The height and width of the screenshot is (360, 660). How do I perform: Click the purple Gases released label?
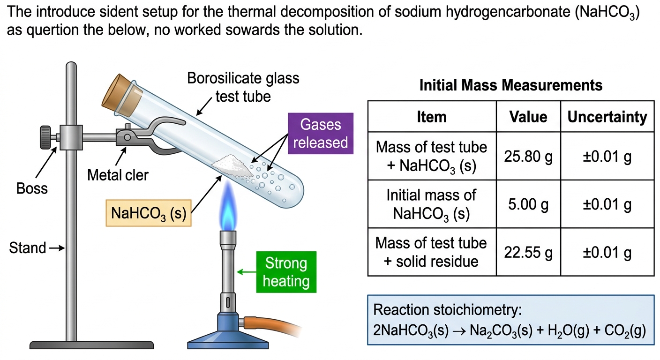click(321, 134)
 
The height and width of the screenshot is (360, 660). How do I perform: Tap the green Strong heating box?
click(286, 272)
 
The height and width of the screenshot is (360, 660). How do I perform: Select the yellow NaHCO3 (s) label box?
click(149, 213)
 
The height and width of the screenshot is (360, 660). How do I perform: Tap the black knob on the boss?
click(45, 137)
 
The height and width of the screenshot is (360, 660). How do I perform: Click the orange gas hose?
click(271, 325)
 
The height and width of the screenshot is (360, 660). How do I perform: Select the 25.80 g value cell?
click(528, 156)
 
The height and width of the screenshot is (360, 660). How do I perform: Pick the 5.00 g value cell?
click(528, 204)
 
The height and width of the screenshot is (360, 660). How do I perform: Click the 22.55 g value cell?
click(528, 252)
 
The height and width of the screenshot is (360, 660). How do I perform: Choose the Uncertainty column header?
click(607, 117)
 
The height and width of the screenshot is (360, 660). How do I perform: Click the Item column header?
click(432, 117)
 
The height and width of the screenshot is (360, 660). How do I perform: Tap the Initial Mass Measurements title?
click(511, 85)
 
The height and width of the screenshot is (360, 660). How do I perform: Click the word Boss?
click(32, 188)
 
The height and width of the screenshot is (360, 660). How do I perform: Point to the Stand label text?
click(27, 248)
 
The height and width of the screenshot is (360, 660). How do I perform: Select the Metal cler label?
click(118, 175)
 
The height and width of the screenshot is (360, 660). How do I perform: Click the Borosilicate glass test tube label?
click(243, 87)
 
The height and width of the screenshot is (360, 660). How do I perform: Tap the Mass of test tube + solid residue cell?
click(432, 252)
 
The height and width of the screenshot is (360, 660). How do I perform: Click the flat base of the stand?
click(91, 345)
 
